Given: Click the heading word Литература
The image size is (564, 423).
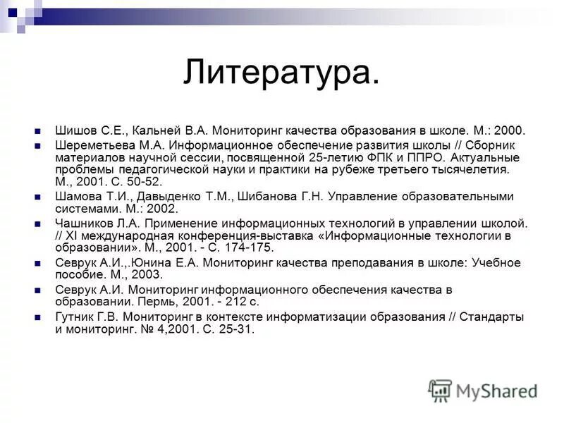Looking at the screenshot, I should (281, 73).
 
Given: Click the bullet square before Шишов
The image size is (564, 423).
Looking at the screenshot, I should (40, 131).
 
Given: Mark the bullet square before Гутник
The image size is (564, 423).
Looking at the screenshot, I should (40, 317).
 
